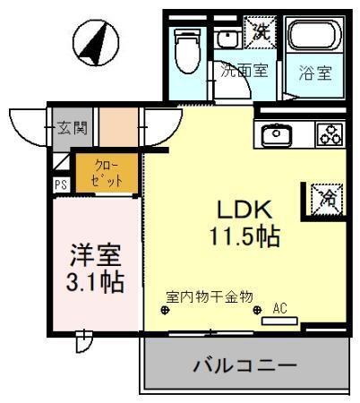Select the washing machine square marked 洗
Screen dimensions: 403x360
260,34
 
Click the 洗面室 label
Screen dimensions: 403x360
244,72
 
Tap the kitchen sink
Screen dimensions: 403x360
274,134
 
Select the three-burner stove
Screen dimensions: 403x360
329,134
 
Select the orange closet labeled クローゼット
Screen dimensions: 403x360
106,173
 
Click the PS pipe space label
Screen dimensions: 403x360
60,186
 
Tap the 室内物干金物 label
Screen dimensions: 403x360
210,296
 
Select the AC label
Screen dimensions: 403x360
279,307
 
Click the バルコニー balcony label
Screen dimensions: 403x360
244,365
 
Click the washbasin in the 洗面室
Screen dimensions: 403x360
227,38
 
